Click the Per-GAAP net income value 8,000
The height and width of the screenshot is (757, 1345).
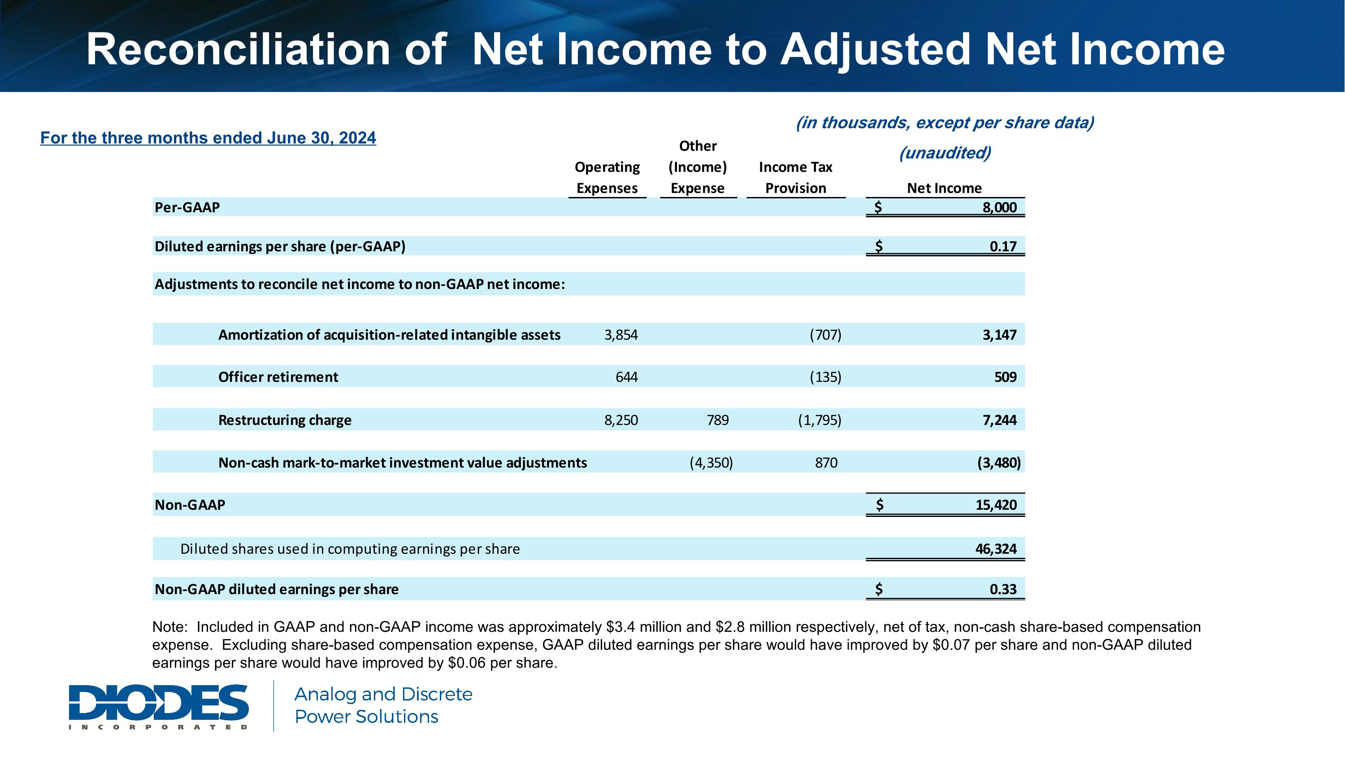[999, 207]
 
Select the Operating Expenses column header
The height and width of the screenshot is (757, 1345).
[607, 178]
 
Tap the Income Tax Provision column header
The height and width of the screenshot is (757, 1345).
[795, 178]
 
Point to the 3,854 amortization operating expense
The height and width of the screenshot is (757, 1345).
[621, 335]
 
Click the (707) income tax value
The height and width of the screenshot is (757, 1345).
[825, 335]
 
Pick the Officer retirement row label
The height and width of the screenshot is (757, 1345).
[278, 377]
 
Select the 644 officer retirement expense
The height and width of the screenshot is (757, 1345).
[627, 377]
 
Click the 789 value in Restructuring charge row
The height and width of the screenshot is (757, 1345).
[717, 420]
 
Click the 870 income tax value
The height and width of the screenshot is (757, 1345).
[826, 463]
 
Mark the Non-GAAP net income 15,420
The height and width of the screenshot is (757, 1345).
[996, 505]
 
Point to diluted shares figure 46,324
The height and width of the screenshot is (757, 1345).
[996, 549]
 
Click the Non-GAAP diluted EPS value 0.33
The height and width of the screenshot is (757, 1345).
[1002, 589]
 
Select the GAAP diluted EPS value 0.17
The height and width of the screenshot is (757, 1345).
[1002, 247]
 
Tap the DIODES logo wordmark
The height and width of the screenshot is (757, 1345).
[158, 703]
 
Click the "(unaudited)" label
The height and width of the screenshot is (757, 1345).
[945, 153]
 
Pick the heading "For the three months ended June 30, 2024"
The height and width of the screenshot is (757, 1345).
[208, 138]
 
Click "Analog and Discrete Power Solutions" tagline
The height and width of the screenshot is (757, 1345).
[383, 705]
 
